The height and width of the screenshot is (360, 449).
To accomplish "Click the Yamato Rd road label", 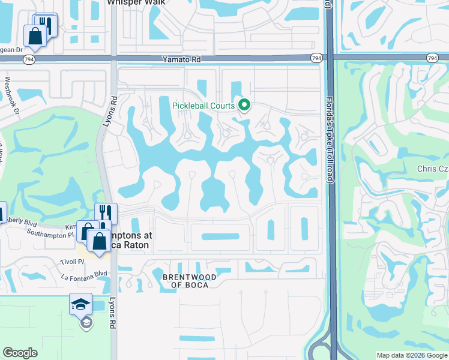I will pos(179,59).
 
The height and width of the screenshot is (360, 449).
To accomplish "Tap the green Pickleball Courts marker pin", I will pos(244,106).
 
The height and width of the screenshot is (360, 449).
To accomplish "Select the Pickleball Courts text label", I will pos(203,106).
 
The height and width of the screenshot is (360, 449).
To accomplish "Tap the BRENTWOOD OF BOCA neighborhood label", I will pos(186,280).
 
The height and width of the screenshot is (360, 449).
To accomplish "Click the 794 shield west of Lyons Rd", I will pos(28,59).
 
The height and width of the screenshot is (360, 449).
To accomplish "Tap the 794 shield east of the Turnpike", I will pos(432,58).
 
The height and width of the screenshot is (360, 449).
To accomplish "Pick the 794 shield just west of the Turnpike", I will pos(316,58).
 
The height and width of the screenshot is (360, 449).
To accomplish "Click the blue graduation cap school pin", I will pos(80,305).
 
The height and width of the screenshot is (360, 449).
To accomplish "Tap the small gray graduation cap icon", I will pos(86,323).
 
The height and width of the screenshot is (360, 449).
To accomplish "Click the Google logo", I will pos(20,353).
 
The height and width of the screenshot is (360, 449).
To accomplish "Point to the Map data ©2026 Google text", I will pos(411,355).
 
